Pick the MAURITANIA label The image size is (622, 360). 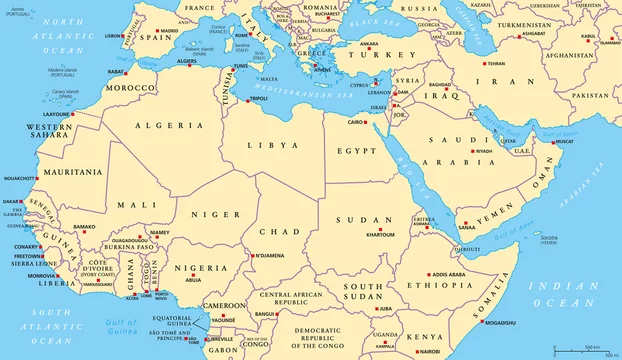coord(65,172)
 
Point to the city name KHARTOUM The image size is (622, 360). coord(380,234)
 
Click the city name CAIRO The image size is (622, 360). coord(356,122)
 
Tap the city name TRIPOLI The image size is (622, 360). coord(257,99)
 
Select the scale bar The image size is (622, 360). coord(580,348)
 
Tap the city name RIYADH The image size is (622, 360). coord(484,151)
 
